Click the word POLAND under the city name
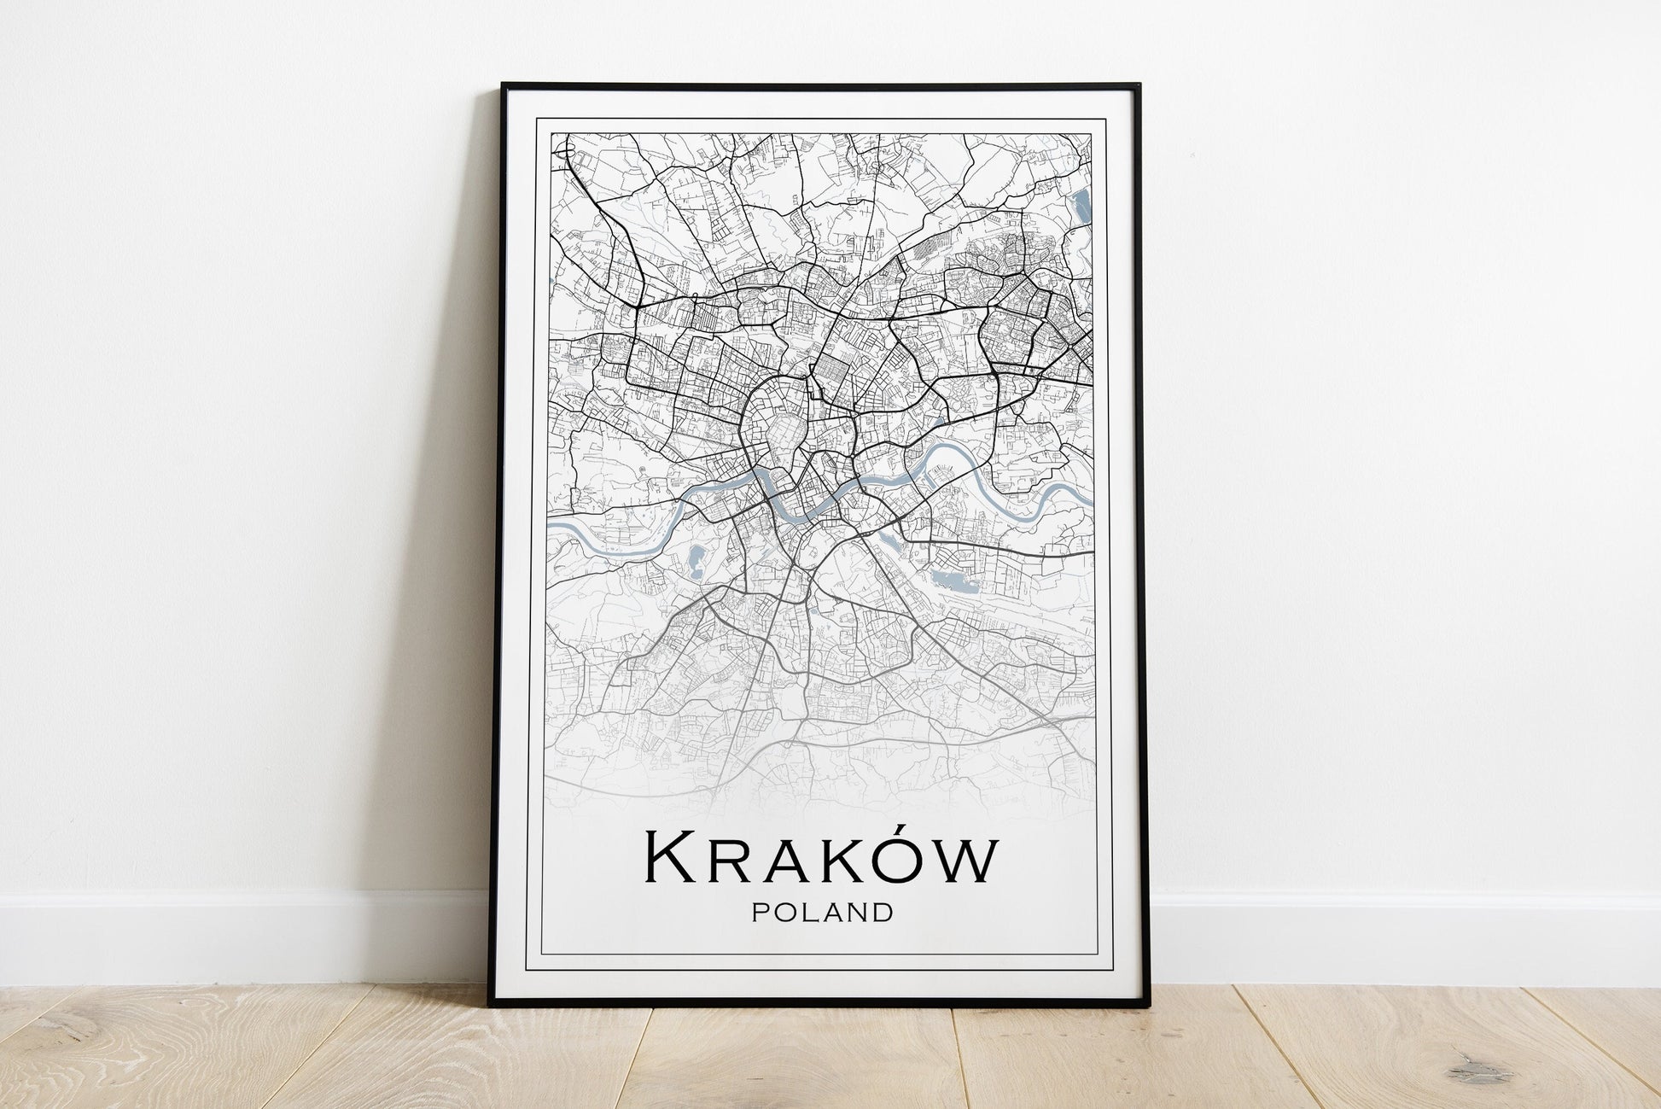tap(823, 913)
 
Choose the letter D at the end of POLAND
tap(884, 913)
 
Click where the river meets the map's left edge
tap(551, 529)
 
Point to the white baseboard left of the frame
tap(239, 939)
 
